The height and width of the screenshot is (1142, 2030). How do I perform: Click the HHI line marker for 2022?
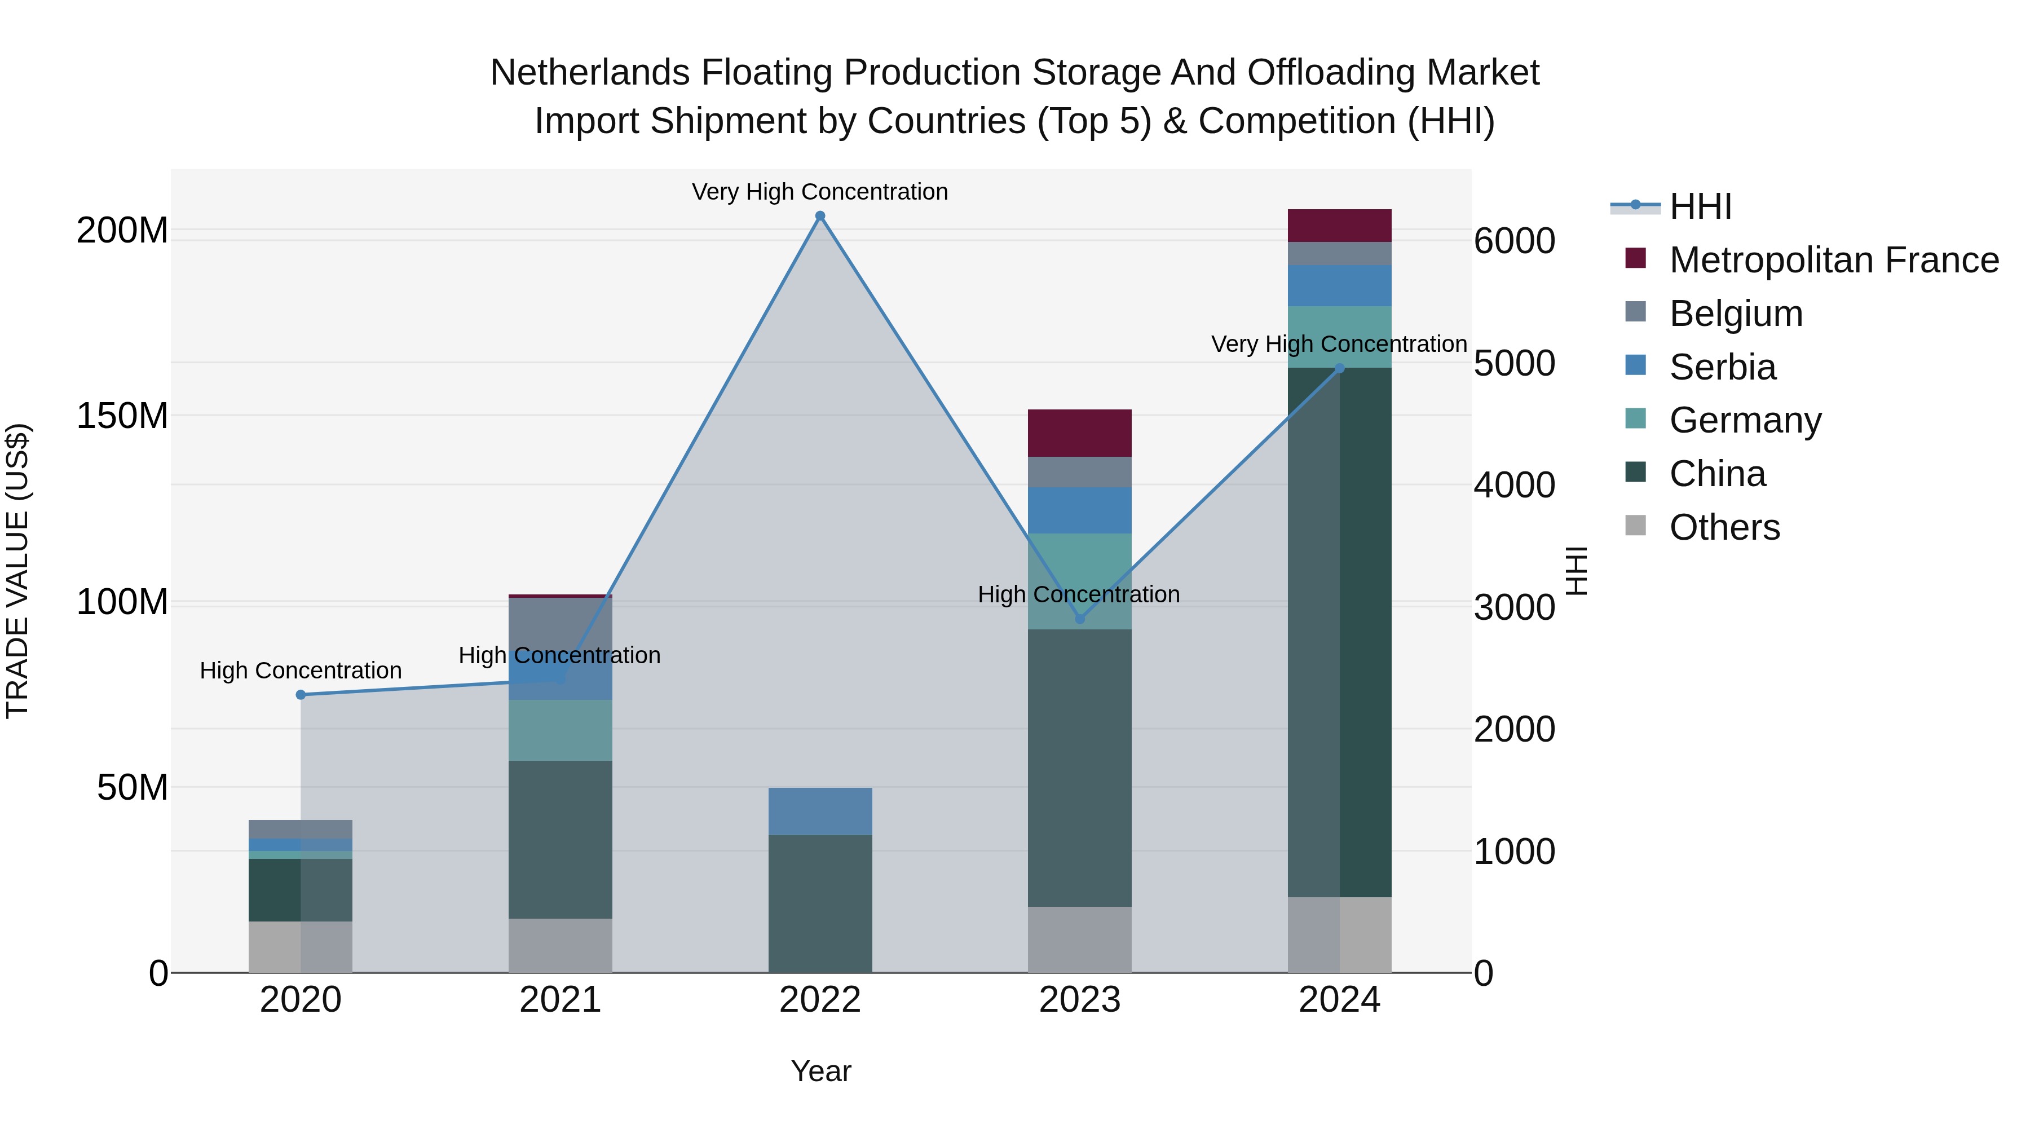(819, 216)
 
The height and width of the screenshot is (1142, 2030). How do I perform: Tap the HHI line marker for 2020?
(300, 694)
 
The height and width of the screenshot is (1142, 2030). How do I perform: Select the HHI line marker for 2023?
(1080, 619)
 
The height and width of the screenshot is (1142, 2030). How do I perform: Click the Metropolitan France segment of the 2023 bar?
(1080, 433)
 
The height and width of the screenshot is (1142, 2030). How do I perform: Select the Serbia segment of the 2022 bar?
(819, 811)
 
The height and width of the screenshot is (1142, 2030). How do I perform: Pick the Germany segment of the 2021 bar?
(561, 730)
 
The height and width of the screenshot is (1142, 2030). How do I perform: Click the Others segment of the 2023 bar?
(1080, 940)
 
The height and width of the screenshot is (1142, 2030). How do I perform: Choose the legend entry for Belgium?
(1735, 314)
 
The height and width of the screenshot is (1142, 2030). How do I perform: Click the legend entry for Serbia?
(1723, 367)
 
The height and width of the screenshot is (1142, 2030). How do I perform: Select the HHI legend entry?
(1700, 206)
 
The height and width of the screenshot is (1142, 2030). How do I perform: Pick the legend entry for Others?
(1724, 527)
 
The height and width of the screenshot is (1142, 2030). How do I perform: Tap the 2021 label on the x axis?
(561, 1000)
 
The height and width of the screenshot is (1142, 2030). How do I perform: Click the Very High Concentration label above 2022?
(819, 192)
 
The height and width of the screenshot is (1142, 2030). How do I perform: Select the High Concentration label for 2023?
(1079, 594)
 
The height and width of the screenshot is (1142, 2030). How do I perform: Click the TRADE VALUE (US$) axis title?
(18, 571)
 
